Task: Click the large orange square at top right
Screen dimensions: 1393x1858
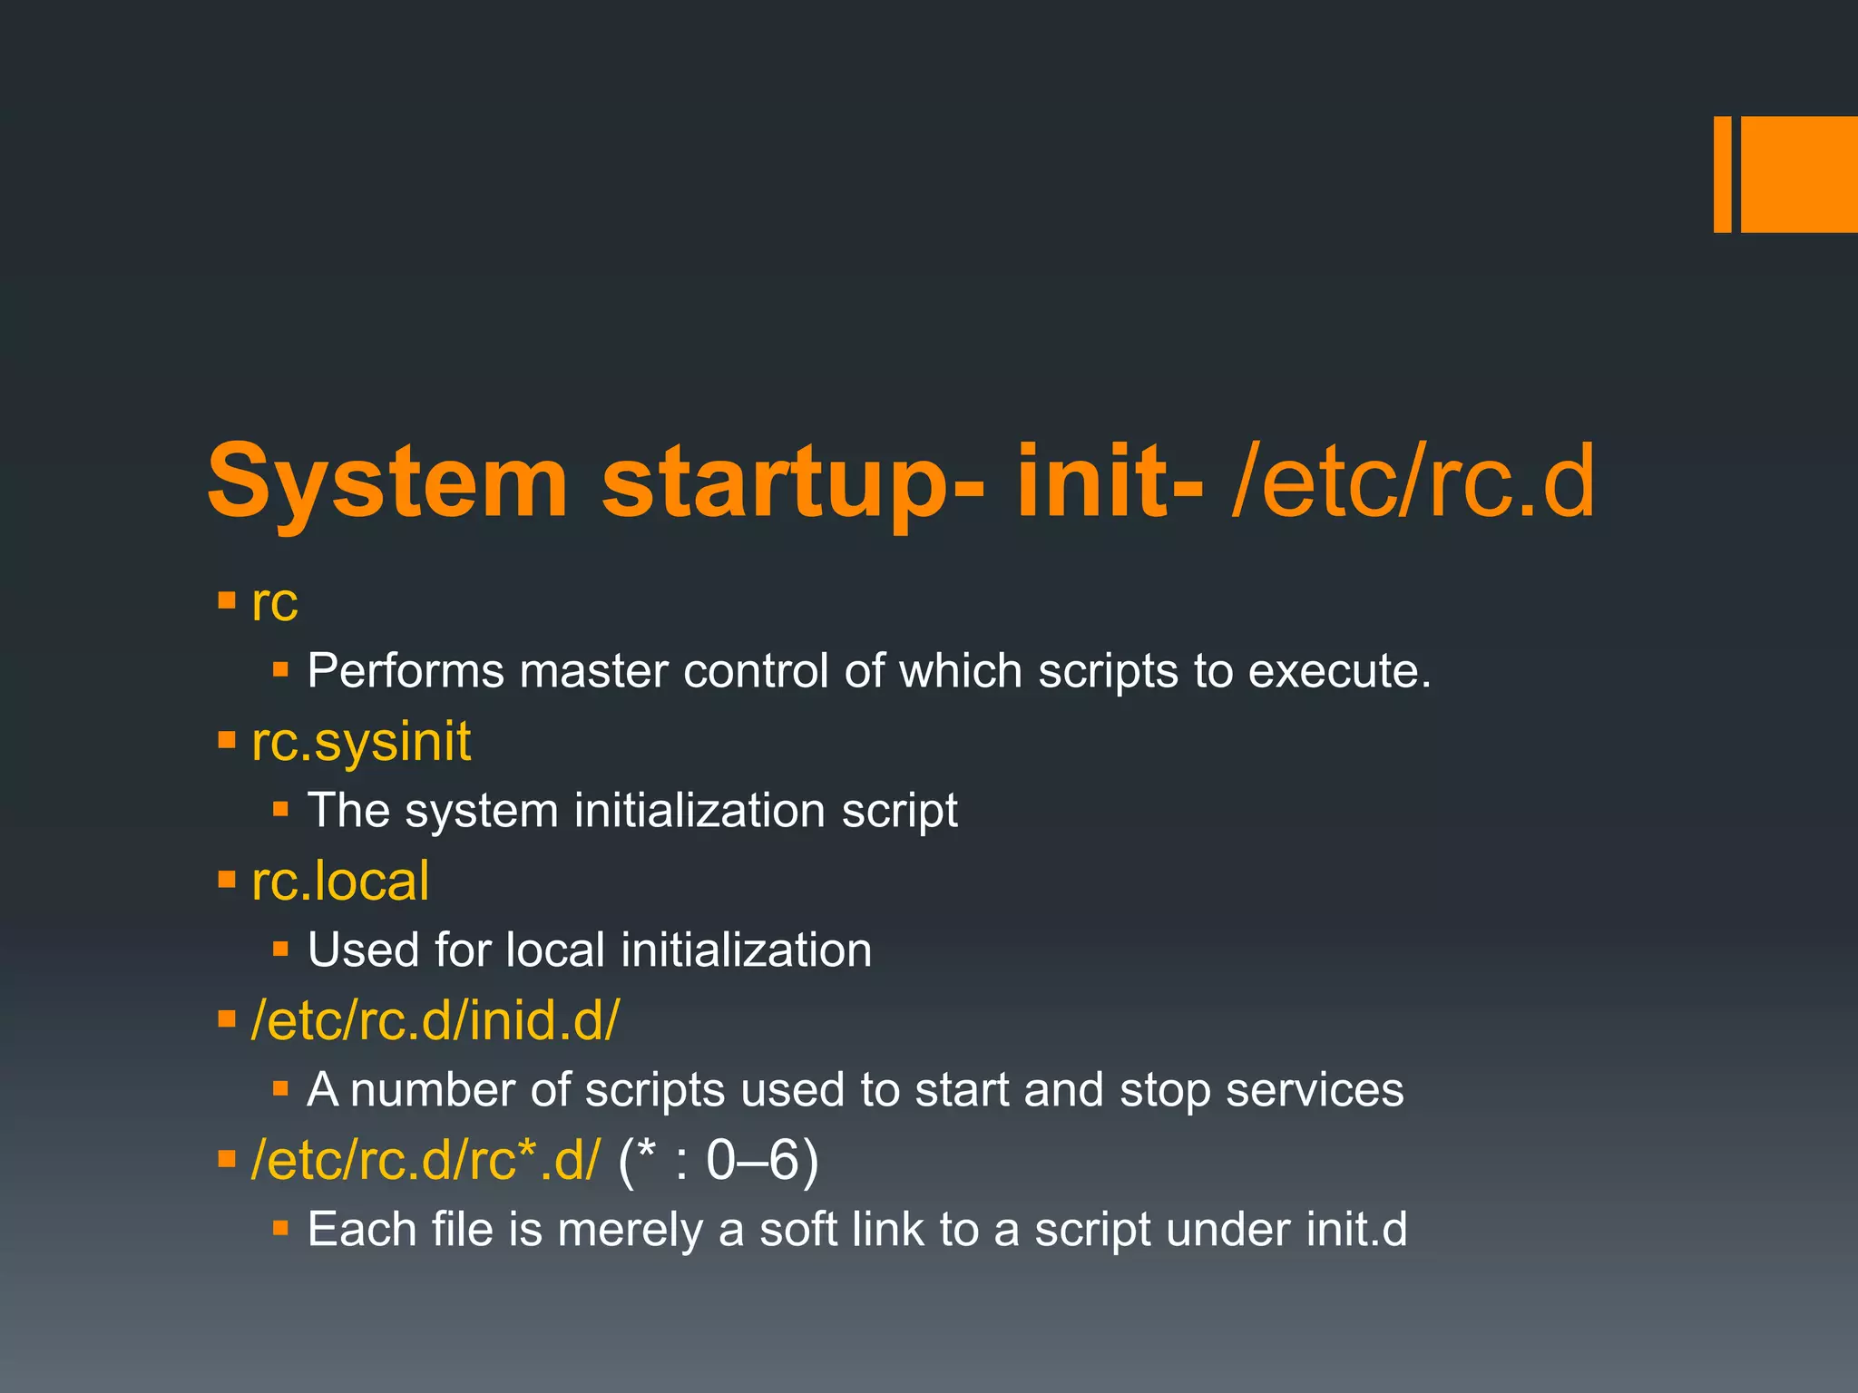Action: pyautogui.click(x=1799, y=174)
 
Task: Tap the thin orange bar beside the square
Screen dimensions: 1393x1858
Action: pyautogui.click(x=1722, y=174)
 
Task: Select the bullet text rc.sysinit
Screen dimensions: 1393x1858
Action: pyautogui.click(x=361, y=742)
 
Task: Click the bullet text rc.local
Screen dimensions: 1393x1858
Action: pyautogui.click(x=340, y=882)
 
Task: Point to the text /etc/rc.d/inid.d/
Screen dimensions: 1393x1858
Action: pyautogui.click(x=435, y=1021)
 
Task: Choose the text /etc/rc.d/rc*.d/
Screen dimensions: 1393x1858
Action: pyautogui.click(x=425, y=1161)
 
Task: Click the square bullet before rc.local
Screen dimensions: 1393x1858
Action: pyautogui.click(x=227, y=879)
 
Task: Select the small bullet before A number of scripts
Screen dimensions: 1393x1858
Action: pyautogui.click(x=280, y=1088)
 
